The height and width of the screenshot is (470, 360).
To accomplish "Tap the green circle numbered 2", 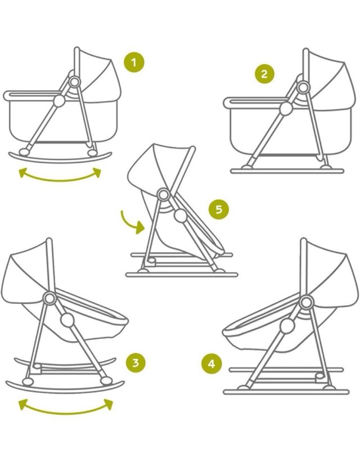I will click(265, 74).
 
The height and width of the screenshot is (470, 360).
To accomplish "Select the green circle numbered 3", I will click(134, 362).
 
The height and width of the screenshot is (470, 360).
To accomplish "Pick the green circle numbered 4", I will click(211, 364).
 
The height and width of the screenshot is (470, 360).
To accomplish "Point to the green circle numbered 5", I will click(219, 209).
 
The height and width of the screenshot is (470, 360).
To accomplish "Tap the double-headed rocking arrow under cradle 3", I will click(65, 406).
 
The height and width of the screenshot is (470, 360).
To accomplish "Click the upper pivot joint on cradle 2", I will click(304, 88).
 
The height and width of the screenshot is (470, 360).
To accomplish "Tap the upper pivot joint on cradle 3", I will click(48, 298).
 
